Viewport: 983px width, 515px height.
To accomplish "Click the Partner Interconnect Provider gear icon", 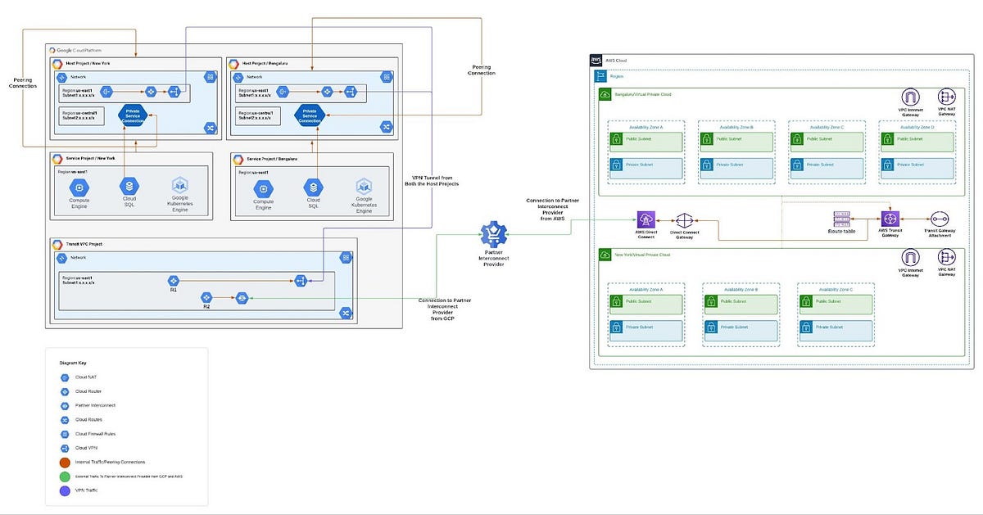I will pos(494,235).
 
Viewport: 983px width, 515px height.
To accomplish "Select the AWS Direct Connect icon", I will pos(647,219).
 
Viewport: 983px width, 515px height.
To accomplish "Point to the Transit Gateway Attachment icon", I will pos(939,219).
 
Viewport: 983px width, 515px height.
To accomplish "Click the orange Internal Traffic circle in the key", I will pos(65,463).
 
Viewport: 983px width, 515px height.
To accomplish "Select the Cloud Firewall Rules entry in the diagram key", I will pos(65,433).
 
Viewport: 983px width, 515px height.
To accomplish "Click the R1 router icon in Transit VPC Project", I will pos(173,281).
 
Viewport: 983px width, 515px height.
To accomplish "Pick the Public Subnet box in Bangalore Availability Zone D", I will pos(917,140).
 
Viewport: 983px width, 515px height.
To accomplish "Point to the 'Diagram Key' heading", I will pos(74,361).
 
